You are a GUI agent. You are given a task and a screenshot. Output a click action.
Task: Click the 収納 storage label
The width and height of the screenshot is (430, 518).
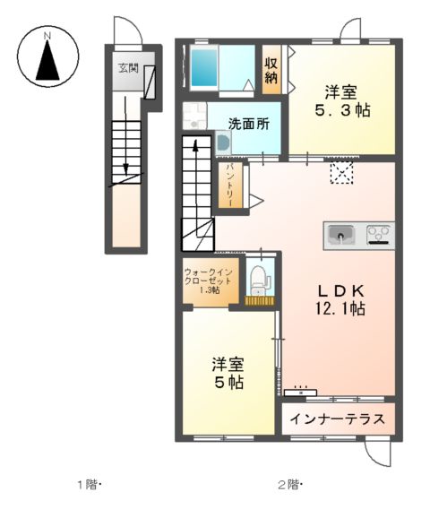coord(271,70)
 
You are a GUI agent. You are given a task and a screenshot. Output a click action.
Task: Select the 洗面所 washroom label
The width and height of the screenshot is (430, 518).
coord(247,125)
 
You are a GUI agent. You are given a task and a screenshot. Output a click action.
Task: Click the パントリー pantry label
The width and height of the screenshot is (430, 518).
coord(230,185)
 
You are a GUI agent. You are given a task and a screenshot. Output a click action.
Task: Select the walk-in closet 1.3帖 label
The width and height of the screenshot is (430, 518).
coord(207,279)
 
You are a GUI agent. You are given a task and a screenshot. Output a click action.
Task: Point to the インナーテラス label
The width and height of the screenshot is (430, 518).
coord(340,419)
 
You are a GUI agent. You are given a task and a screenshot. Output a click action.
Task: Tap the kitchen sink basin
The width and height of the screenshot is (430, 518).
coord(340,235)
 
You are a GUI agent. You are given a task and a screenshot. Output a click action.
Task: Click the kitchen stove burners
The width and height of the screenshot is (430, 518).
coord(378,235)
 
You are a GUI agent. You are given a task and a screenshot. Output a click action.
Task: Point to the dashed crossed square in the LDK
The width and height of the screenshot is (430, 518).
coord(341,173)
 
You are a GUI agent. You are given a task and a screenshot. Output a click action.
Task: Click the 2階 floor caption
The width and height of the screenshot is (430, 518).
coord(289,485)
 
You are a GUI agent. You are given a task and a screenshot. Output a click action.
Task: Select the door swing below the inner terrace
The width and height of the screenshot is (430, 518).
coord(383,453)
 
